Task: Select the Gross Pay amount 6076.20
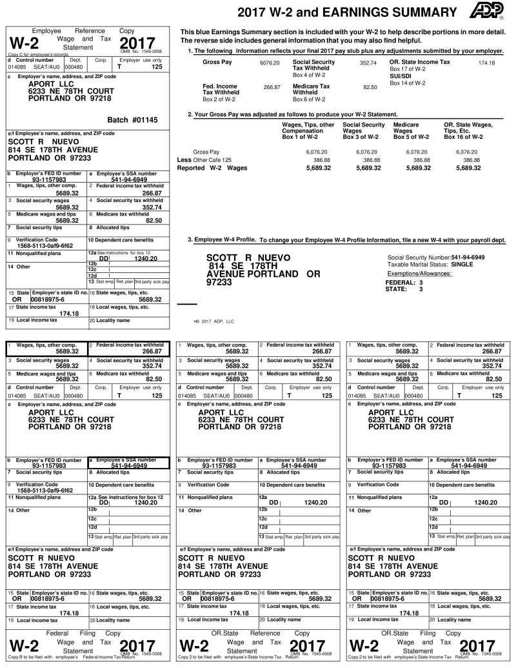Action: [x=270, y=63]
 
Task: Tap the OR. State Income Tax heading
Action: [x=420, y=62]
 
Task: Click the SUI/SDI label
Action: [x=401, y=76]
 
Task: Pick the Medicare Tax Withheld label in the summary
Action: [x=312, y=89]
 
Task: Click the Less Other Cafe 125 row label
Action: [x=204, y=159]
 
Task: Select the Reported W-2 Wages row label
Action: [x=212, y=168]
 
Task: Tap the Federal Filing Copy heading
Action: [x=83, y=633]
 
